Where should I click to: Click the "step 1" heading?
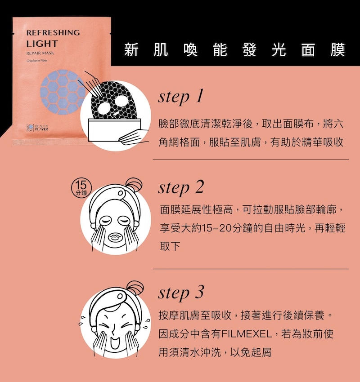point(180,97)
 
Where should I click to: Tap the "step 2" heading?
point(181,187)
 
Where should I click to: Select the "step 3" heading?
point(181,293)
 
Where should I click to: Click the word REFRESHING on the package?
point(53,33)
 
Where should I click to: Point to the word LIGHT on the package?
point(42,44)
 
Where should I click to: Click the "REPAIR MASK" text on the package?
point(40,53)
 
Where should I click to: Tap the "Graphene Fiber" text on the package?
point(37,60)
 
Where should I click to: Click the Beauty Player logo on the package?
point(37,128)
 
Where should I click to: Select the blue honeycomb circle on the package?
point(63,92)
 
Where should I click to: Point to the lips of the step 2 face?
point(115,237)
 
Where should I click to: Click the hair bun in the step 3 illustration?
point(135,288)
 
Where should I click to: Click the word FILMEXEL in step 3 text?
point(247,334)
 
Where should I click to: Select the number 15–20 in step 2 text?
point(216,228)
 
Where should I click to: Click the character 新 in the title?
point(131,50)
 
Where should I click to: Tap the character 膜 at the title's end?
point(338,50)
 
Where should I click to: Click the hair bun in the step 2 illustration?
point(134,185)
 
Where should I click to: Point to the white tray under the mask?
point(115,130)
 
